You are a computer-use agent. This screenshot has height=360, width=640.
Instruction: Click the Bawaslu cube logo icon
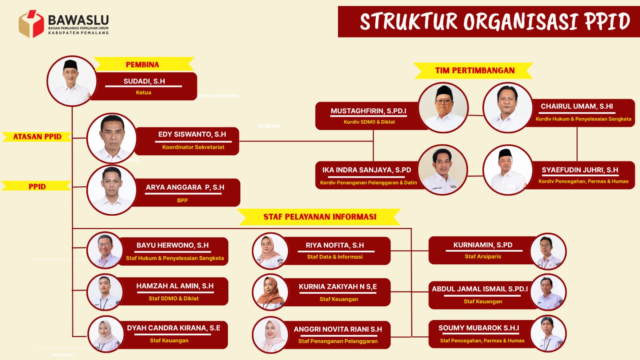coord(32,24)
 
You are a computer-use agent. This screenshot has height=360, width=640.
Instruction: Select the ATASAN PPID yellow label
coord(37,136)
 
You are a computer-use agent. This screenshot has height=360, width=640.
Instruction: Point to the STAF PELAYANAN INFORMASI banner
coord(320,217)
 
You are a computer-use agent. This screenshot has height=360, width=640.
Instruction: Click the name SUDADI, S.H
coord(144,81)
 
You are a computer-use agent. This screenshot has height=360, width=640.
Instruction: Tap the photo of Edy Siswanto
coord(112,138)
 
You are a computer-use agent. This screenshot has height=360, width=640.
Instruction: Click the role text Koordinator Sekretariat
coord(193,147)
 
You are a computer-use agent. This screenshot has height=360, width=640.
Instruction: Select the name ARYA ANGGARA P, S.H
coord(185,187)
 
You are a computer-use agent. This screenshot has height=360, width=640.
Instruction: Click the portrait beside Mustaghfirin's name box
coord(443,108)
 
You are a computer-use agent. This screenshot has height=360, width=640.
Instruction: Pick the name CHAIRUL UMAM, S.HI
coord(577,106)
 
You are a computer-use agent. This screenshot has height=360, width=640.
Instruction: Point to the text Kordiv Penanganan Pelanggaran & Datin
coord(368,182)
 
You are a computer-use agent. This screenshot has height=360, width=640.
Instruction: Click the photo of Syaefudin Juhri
coord(508,170)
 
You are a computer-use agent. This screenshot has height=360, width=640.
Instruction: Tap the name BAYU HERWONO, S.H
coord(172,245)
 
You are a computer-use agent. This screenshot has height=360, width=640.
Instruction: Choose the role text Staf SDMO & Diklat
coord(174,298)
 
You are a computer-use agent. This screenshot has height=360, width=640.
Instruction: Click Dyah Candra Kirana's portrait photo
coord(106,334)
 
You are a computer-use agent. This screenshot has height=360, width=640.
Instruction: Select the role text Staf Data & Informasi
coord(335,256)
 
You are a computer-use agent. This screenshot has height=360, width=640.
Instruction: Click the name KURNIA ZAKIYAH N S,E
coord(338,286)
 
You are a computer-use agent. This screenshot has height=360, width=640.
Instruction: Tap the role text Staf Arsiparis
coord(483,256)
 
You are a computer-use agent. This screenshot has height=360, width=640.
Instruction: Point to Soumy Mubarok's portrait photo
coord(548,334)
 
